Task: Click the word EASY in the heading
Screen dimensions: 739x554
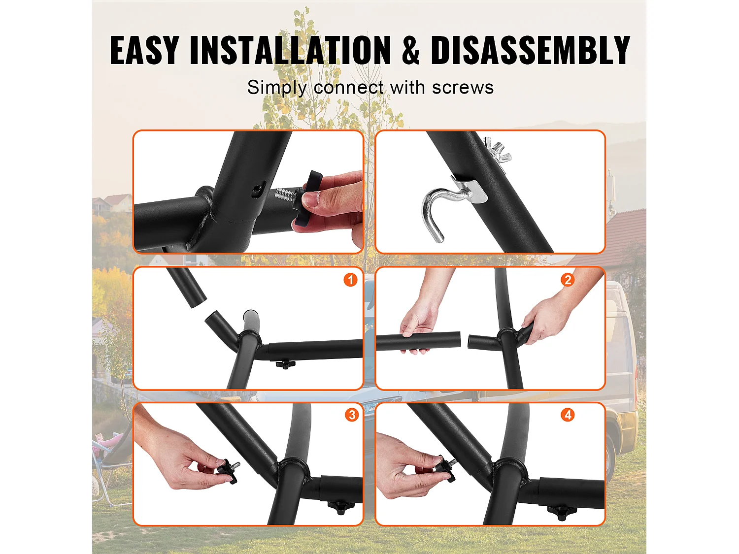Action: tap(144, 50)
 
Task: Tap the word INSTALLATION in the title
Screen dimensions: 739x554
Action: tap(290, 50)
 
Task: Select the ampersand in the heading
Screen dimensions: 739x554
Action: tap(411, 50)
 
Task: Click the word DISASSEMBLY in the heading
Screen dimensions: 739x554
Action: tap(530, 50)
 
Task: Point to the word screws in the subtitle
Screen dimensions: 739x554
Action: tap(463, 88)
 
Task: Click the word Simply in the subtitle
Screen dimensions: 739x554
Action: tap(277, 88)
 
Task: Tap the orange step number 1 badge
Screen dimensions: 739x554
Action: tap(350, 280)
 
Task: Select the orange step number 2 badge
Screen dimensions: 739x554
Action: tap(568, 280)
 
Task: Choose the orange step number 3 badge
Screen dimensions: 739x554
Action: tap(352, 415)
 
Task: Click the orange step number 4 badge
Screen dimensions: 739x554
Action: tap(568, 415)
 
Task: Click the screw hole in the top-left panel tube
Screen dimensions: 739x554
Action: tap(258, 191)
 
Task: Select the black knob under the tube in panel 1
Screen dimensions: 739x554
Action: tap(285, 364)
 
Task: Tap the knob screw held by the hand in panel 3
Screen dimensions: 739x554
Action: tap(228, 471)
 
